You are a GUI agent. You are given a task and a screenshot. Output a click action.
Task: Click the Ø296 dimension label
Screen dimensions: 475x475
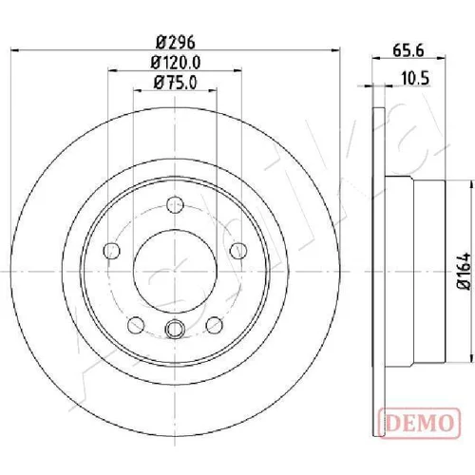[176, 43]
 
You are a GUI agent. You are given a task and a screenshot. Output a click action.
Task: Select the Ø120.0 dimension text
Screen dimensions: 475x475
[176, 63]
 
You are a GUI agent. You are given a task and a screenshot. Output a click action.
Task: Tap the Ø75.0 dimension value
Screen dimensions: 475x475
[176, 83]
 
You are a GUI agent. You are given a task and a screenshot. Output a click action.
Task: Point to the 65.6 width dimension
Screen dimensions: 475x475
[408, 50]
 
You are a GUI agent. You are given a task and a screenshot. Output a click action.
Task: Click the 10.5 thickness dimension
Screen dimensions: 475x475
[415, 78]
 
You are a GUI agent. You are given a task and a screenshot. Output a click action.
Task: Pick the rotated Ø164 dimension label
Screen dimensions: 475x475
[465, 271]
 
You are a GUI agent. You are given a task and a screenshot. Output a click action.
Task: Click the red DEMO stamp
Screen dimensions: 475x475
[419, 424]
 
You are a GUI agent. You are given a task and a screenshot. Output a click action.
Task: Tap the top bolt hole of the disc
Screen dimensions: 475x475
[175, 205]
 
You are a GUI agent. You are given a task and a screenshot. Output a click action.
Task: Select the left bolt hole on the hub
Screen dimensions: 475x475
[112, 251]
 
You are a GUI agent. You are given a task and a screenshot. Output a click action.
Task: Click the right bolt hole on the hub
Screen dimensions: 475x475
[238, 251]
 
